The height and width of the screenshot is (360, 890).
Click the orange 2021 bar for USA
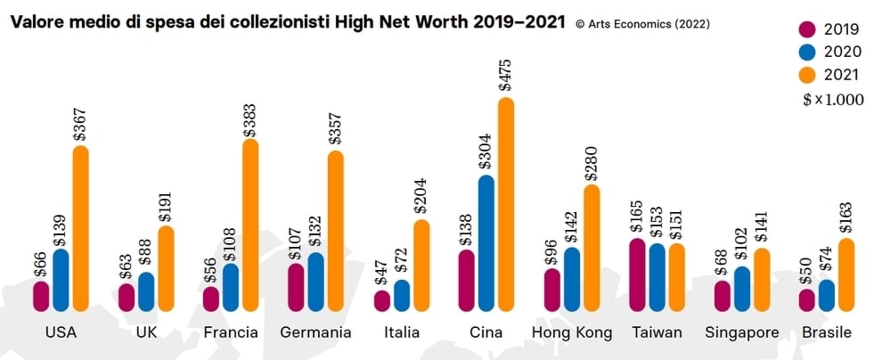coord(81,229)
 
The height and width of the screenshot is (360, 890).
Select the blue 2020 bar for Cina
coord(486,243)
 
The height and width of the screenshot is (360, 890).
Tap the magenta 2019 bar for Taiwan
coord(638,275)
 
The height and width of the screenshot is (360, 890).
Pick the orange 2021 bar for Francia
coord(250,225)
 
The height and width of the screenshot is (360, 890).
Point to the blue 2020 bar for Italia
coord(402,296)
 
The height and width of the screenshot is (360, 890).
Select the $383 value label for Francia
coord(250,112)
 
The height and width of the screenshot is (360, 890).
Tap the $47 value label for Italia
coord(382,269)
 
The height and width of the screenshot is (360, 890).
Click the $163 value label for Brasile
coord(846,214)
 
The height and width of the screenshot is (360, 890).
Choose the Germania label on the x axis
coord(315,332)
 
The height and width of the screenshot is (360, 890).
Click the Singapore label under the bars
coord(741,332)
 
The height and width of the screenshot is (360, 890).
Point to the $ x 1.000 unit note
coord(833,100)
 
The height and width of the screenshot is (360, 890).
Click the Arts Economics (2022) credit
coord(643,24)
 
